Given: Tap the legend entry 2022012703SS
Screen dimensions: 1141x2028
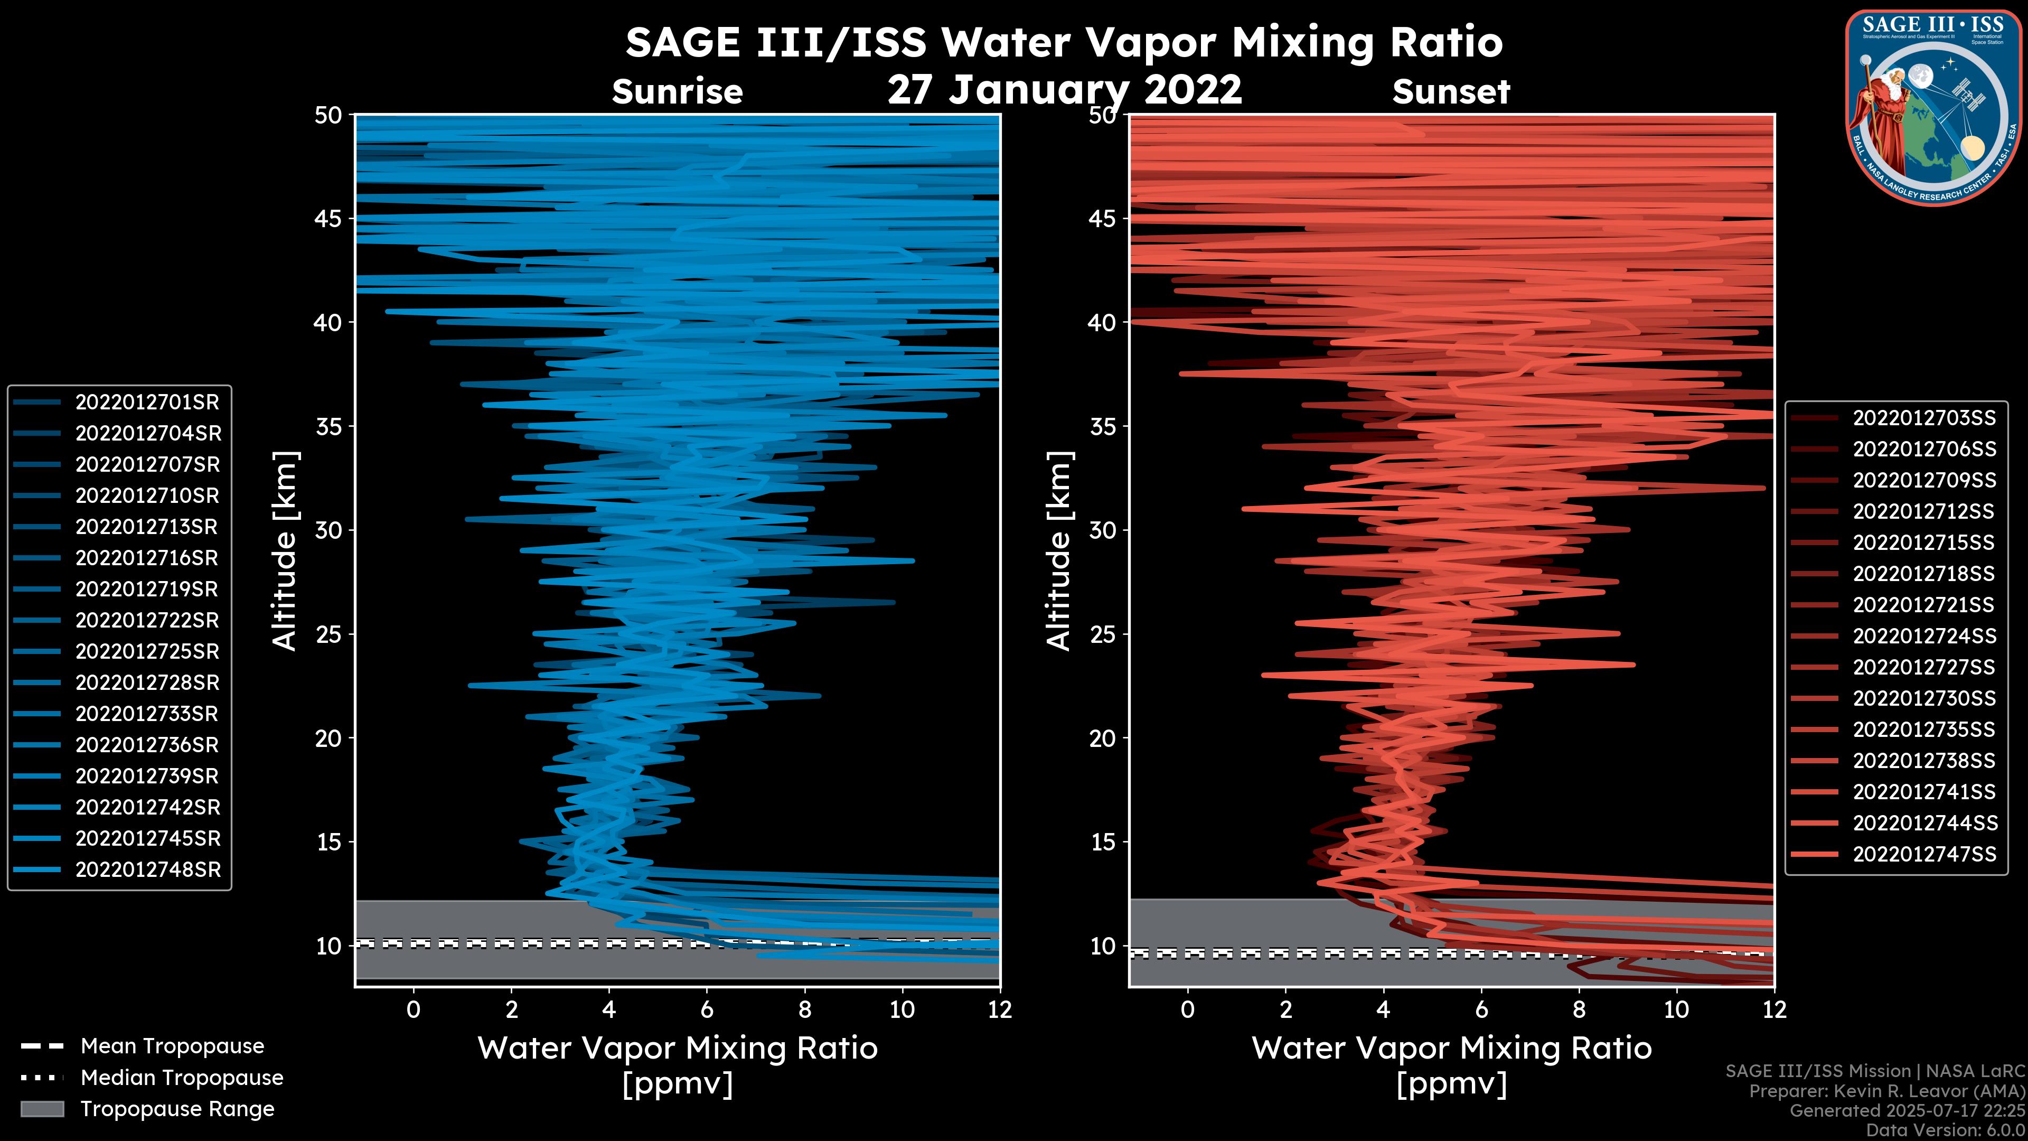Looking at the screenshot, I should [1924, 418].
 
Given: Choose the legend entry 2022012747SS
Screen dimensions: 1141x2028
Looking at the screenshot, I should [1924, 854].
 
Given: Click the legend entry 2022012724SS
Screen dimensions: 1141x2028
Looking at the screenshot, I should [1924, 636].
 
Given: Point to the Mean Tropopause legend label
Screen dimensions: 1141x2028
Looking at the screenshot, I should [172, 1046].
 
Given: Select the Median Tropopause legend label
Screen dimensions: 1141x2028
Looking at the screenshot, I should [181, 1078].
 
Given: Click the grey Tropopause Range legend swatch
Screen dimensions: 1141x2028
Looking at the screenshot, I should [42, 1109].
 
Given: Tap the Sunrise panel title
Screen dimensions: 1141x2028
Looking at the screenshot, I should [677, 92].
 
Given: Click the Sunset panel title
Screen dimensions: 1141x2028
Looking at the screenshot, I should [1451, 92].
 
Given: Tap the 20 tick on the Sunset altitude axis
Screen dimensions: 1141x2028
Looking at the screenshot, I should [1103, 738].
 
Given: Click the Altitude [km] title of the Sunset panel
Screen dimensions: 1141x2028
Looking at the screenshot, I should [1059, 551].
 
